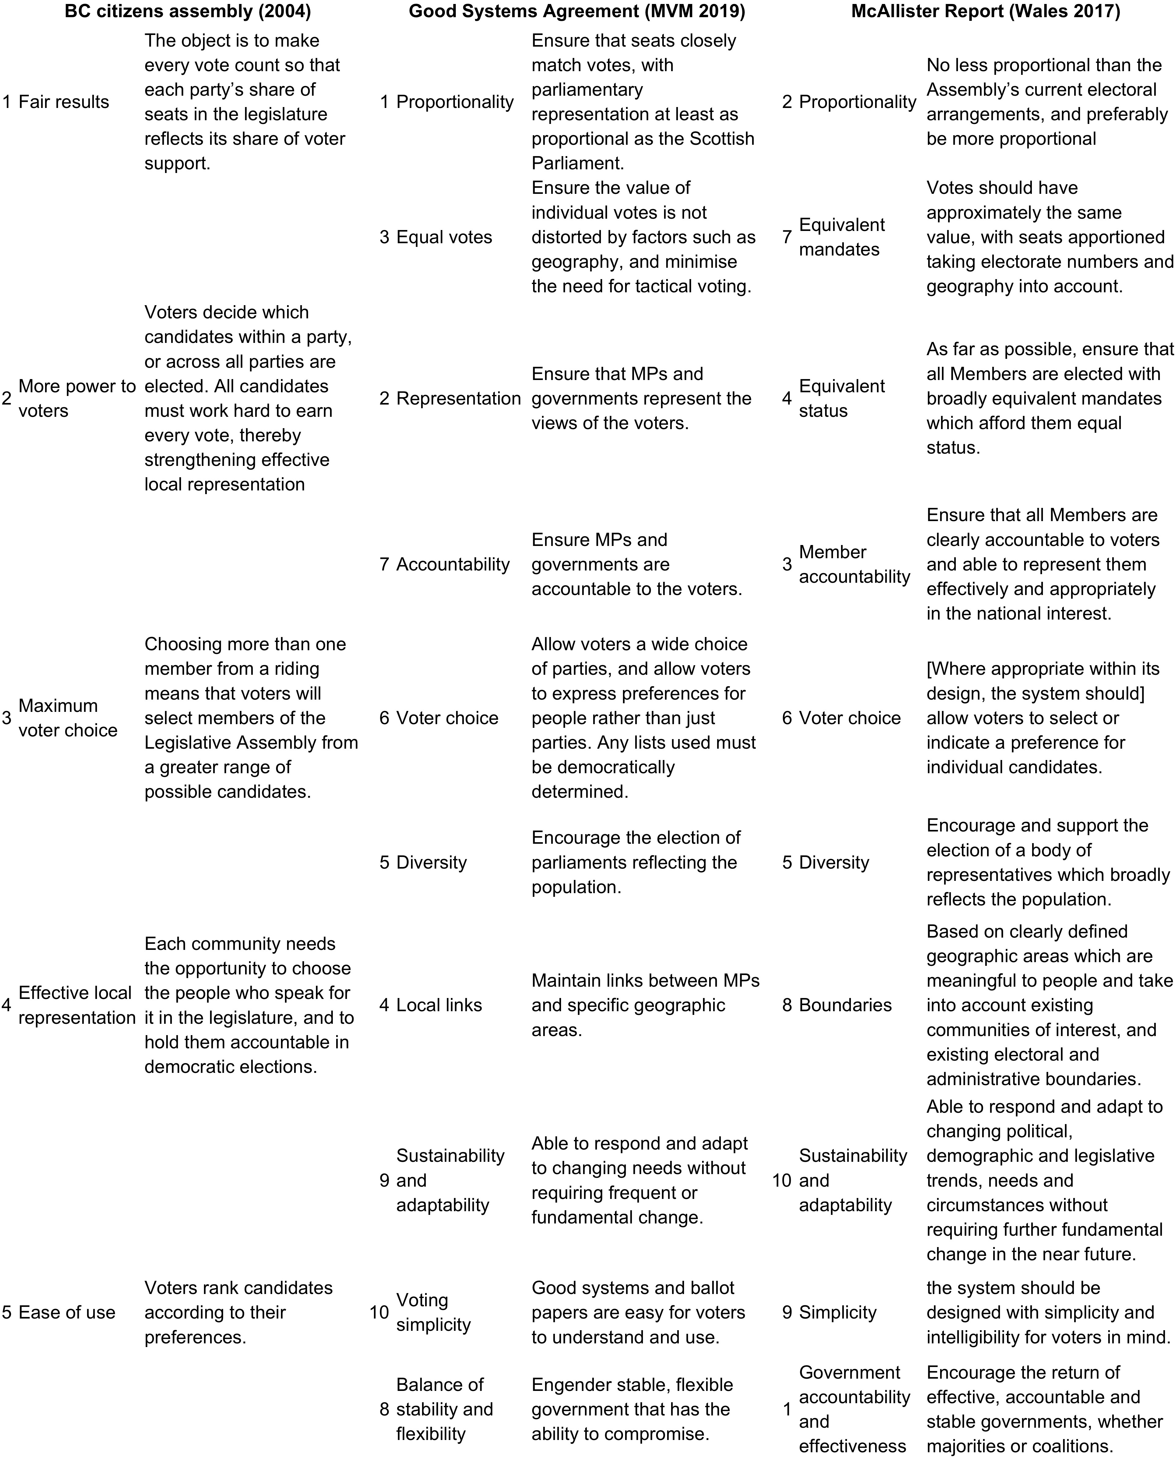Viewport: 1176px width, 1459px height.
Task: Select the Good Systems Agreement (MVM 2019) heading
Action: click(576, 12)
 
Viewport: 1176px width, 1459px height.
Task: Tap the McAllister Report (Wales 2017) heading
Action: click(986, 12)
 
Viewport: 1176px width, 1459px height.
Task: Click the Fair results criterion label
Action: click(64, 102)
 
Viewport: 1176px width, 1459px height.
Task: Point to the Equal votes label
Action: click(444, 237)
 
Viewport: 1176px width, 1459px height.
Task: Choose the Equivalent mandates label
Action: click(841, 237)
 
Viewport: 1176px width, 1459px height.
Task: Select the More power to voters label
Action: click(77, 398)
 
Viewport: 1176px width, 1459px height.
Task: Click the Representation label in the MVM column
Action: click(458, 398)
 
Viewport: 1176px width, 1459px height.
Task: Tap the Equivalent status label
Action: click(841, 398)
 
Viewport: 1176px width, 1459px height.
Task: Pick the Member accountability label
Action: click(854, 564)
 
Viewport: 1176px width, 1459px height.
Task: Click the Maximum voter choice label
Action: click(68, 718)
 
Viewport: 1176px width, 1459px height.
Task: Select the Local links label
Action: click(439, 1005)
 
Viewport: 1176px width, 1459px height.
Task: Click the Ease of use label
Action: click(66, 1313)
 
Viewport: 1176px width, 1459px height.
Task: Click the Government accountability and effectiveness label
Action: click(854, 1410)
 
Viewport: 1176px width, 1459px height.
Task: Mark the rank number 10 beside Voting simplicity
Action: click(379, 1313)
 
